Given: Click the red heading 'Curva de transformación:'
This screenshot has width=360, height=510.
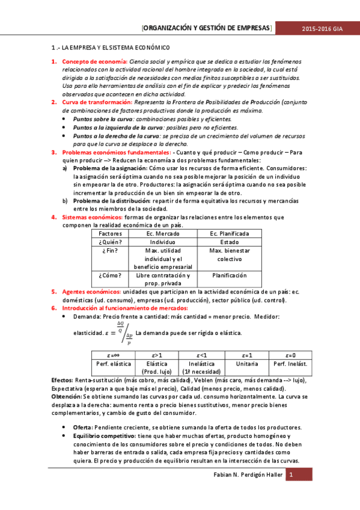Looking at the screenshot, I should (98, 103).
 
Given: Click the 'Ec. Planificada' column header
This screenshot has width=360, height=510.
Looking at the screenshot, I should (230, 233).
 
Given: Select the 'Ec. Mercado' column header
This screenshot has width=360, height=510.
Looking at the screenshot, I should (163, 233).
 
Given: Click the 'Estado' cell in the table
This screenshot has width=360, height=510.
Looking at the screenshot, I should (230, 242).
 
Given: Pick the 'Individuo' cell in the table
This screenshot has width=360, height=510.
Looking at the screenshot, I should (163, 242).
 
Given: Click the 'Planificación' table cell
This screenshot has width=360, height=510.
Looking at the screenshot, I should (230, 275).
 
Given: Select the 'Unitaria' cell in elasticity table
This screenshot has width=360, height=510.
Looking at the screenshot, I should (247, 364).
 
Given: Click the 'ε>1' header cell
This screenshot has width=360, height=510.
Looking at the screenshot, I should (157, 355).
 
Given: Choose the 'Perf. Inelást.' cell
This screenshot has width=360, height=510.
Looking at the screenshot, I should (290, 364).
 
